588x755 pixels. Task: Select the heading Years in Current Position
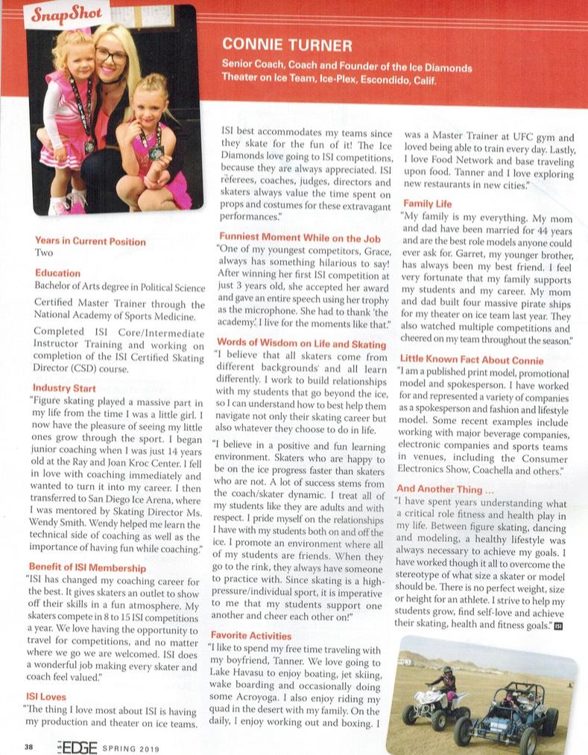coord(90,241)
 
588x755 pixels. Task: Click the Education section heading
coord(57,273)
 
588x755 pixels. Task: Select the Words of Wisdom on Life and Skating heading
coord(301,344)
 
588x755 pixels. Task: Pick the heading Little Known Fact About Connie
coord(471,359)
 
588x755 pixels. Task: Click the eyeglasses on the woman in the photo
coord(112,57)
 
